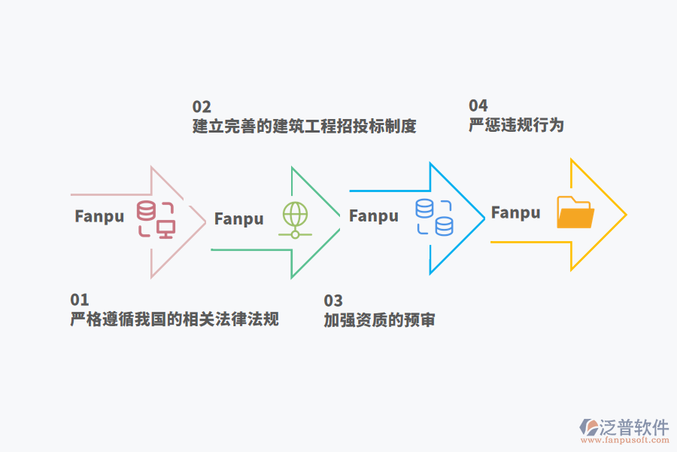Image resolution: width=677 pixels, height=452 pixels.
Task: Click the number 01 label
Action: (x=80, y=300)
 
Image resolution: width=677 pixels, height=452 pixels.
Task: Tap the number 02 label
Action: (x=202, y=106)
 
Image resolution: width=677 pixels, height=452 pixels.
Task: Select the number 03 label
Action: (x=333, y=301)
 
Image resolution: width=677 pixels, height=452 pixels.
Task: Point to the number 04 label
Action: (x=478, y=105)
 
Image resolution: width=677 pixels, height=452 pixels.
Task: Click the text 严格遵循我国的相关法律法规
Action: (x=175, y=319)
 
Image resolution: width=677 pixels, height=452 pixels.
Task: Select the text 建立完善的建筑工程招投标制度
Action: (x=304, y=126)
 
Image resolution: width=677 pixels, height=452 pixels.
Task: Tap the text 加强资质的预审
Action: (x=379, y=320)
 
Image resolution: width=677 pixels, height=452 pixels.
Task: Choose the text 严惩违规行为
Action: (x=516, y=125)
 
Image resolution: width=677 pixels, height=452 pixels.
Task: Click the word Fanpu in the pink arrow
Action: (x=99, y=216)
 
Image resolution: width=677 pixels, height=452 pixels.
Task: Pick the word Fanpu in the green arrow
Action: (x=239, y=219)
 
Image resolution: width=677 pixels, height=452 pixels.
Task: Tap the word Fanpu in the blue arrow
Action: (x=374, y=216)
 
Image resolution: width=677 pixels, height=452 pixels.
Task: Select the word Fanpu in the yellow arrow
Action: (x=516, y=212)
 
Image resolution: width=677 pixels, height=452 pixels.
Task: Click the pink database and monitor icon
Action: (x=156, y=219)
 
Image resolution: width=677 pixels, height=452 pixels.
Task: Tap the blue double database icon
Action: (x=435, y=217)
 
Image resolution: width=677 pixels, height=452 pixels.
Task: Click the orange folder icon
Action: (x=575, y=212)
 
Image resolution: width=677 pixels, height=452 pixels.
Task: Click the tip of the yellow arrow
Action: (x=625, y=215)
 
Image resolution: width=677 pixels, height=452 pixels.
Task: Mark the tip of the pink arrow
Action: (x=205, y=221)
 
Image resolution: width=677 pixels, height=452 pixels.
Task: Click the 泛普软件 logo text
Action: (x=633, y=427)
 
